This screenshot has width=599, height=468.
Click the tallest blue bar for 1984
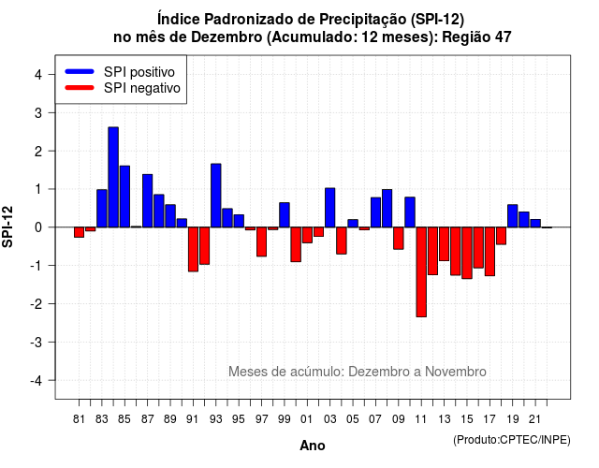[113, 177]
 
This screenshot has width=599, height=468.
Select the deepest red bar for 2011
[421, 272]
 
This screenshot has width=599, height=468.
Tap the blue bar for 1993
[216, 196]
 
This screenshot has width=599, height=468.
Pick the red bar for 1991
[193, 250]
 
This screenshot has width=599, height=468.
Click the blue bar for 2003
[330, 208]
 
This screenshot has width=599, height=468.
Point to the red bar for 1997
[262, 241]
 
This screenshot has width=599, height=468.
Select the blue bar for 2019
[513, 216]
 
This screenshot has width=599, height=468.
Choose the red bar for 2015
[467, 253]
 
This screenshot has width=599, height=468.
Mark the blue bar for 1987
[148, 201]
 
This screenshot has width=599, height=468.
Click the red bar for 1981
[79, 232]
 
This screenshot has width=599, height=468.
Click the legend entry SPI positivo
[139, 72]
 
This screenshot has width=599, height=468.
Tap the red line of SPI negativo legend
[80, 88]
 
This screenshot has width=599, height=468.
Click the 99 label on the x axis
[285, 419]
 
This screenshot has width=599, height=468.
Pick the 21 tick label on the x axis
[535, 419]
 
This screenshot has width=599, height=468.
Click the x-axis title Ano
[313, 446]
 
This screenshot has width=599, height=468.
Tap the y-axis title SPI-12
[7, 227]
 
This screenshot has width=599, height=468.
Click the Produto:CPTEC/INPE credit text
[512, 440]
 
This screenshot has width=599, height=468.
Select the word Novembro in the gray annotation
[456, 372]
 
